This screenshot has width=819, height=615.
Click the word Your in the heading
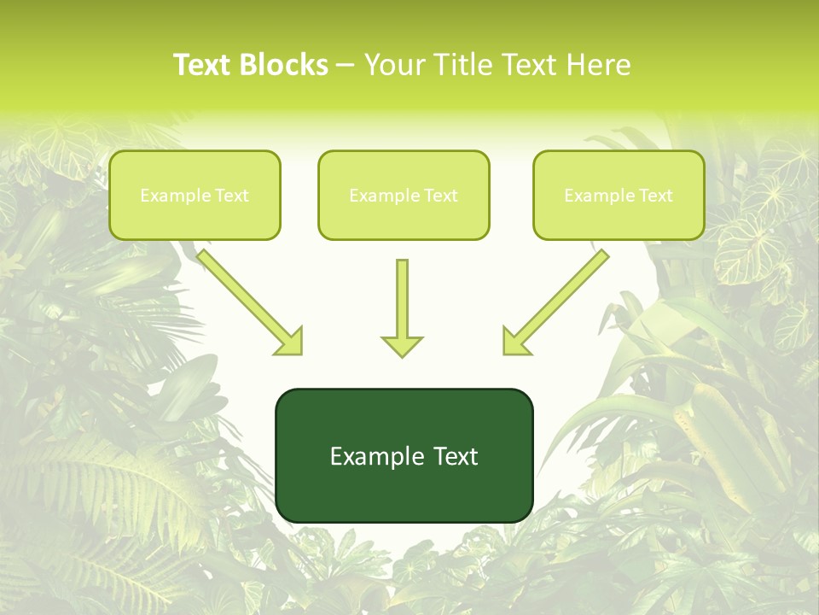pyautogui.click(x=392, y=65)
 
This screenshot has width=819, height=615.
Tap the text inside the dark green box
pyautogui.click(x=404, y=456)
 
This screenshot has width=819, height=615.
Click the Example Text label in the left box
pyautogui.click(x=195, y=196)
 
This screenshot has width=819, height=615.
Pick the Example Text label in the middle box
pyautogui.click(x=404, y=196)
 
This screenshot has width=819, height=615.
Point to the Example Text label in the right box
pyautogui.click(x=619, y=196)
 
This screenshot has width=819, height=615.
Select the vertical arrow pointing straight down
pyautogui.click(x=402, y=299)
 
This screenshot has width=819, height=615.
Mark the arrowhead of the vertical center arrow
pyautogui.click(x=402, y=346)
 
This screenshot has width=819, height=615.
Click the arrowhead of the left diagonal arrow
pyautogui.click(x=290, y=342)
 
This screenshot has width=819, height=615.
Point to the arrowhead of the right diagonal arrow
pyautogui.click(x=515, y=342)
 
